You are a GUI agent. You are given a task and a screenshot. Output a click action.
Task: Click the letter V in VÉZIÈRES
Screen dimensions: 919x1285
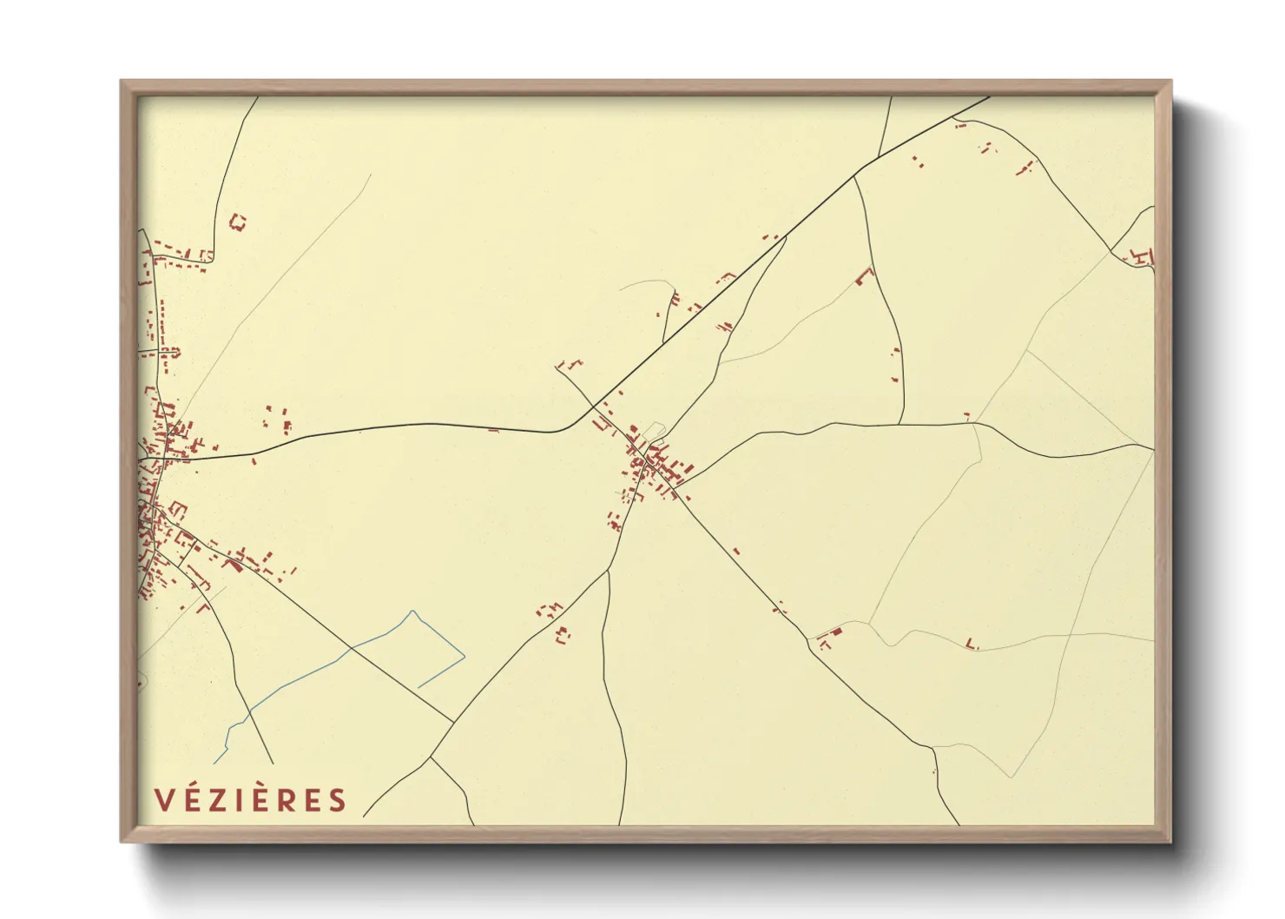(x=164, y=800)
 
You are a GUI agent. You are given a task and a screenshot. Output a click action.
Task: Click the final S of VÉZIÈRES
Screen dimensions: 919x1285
(x=337, y=800)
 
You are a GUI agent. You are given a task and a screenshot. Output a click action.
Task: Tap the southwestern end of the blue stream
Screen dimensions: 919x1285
(x=214, y=763)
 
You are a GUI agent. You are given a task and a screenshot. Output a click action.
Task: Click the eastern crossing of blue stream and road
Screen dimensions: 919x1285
(x=352, y=646)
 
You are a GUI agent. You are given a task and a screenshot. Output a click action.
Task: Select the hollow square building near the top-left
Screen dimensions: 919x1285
(x=237, y=222)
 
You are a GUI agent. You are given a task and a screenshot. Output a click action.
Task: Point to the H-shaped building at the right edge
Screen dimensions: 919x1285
(x=1141, y=256)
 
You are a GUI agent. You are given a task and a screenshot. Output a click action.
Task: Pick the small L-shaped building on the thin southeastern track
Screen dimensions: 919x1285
(x=972, y=644)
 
